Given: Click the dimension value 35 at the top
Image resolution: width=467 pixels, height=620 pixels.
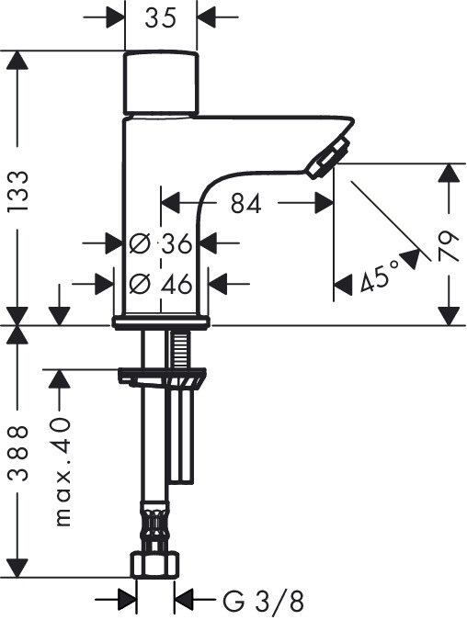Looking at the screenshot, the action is click(160, 17).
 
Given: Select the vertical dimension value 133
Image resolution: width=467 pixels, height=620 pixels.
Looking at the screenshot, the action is click(18, 190).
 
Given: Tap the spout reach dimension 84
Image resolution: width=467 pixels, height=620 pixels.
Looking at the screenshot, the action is click(246, 203).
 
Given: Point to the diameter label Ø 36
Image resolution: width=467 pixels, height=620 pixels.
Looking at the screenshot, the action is click(161, 243).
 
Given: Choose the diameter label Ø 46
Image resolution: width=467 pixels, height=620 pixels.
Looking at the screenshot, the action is click(161, 283).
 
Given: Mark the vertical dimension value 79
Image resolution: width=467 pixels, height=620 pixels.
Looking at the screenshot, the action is click(448, 246).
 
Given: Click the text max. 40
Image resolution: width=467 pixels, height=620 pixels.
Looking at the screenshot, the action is click(63, 471).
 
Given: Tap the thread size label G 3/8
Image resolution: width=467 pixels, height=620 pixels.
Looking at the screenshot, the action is click(264, 602).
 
